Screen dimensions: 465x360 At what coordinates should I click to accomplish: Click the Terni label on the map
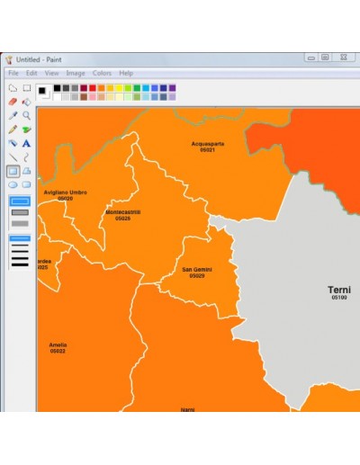(339, 290)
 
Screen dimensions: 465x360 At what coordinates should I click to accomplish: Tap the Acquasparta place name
(208, 143)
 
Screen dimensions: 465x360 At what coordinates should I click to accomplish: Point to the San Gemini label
(196, 269)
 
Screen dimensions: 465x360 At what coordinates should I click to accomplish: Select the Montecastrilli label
(122, 212)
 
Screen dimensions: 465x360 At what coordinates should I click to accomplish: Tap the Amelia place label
(58, 344)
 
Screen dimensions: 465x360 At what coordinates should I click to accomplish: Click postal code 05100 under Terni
(339, 298)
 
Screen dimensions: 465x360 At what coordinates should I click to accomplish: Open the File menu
(13, 73)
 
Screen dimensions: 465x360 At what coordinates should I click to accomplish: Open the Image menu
(75, 73)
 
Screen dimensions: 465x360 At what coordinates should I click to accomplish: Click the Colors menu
(102, 73)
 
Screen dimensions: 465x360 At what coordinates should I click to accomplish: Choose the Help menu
(126, 73)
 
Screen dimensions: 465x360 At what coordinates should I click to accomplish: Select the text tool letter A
(27, 143)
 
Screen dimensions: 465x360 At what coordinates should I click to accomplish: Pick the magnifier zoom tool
(27, 116)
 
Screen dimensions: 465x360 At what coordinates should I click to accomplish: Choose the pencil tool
(13, 130)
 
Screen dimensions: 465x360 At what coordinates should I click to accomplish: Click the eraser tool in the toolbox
(13, 103)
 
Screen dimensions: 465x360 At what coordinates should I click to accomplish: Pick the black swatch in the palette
(56, 87)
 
